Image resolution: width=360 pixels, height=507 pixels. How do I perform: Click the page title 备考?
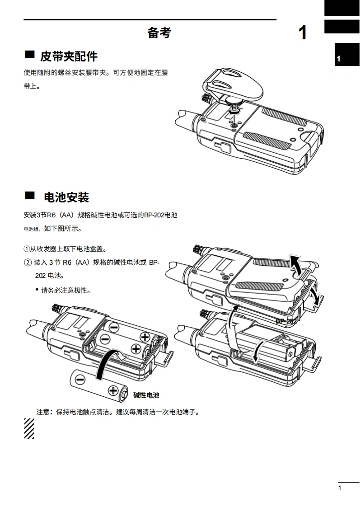[x=159, y=33]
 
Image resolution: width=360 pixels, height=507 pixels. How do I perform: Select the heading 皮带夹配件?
[x=69, y=56]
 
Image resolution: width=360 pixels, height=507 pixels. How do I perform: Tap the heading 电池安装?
[x=66, y=197]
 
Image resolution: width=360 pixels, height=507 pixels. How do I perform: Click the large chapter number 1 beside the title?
[x=303, y=33]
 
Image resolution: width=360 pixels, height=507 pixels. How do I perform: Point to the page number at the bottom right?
[x=340, y=488]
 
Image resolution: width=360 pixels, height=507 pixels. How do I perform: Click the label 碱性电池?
[x=146, y=395]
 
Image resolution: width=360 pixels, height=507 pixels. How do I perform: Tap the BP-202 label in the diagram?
[x=286, y=321]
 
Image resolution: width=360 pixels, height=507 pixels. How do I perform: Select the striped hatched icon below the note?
[x=29, y=428]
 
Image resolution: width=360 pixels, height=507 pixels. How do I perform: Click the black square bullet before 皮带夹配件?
[x=30, y=55]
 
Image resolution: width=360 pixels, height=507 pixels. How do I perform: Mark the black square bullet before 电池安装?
[x=30, y=195]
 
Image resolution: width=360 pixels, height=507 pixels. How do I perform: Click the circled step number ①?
[x=27, y=249]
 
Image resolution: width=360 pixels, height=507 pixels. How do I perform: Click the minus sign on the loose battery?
[x=80, y=379]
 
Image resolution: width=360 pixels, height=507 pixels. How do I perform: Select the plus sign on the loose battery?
[x=113, y=391]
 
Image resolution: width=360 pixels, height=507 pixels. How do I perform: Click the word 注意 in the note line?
[x=42, y=412]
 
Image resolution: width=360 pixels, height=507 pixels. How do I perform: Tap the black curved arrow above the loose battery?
[x=106, y=364]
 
